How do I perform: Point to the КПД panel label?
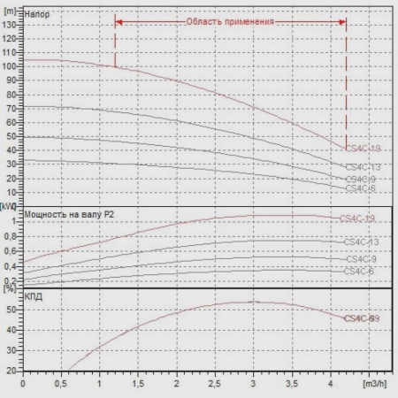36,298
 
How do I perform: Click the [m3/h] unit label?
375,385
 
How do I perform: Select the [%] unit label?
10,288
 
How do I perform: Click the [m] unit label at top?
10,6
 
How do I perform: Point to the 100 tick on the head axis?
11,65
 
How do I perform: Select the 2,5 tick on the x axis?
216,385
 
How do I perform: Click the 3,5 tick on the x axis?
293,385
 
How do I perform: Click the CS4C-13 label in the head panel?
363,166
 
